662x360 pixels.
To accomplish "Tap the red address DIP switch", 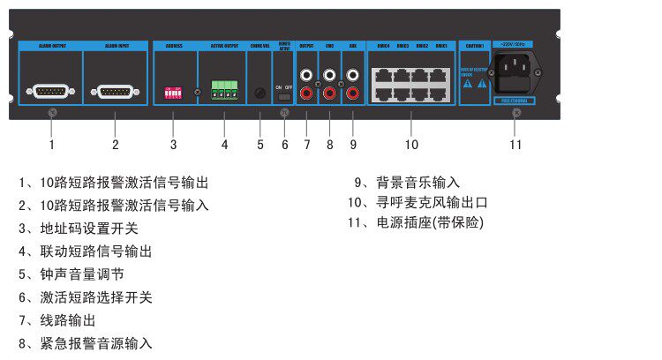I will (173, 92).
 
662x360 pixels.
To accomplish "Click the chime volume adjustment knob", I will (260, 92).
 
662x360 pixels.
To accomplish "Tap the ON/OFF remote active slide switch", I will (284, 98).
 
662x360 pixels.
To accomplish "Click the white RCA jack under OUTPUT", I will (307, 76).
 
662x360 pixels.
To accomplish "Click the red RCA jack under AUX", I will (352, 92).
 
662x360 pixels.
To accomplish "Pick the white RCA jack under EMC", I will (330, 76).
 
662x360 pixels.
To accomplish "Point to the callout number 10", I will (411, 144).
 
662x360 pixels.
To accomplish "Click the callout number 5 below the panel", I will (260, 144).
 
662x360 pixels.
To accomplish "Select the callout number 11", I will (515, 144).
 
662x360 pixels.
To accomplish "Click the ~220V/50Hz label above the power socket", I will (515, 43).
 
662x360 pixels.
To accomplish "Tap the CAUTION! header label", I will (474, 44).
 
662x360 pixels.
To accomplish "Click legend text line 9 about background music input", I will (407, 183).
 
